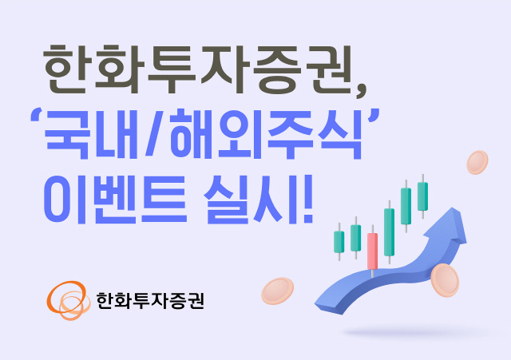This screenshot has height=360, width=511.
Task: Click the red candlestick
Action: click(372, 249)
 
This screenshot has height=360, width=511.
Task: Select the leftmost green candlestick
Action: click(338, 241)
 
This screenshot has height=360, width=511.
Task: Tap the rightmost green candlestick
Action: click(422, 196)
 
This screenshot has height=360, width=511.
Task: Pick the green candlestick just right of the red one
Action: click(389, 231)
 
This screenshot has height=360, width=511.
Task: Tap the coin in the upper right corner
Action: click(478, 163)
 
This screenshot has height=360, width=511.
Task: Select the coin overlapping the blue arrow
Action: click(445, 279)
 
